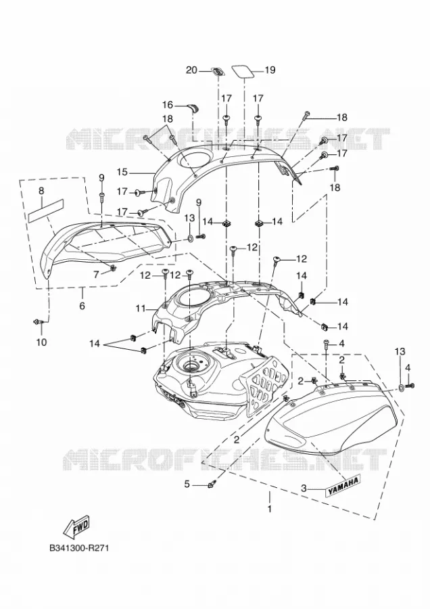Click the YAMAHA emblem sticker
click(x=343, y=485)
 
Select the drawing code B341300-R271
click(x=79, y=548)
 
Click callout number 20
click(x=192, y=70)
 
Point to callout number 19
click(x=270, y=70)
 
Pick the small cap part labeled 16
click(x=193, y=108)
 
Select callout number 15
click(x=122, y=172)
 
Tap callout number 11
click(x=141, y=309)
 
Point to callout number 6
click(x=82, y=306)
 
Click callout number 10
click(x=41, y=342)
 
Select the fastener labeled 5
click(x=212, y=484)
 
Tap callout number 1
click(x=270, y=508)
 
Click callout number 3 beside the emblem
click(x=304, y=488)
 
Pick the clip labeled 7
click(x=113, y=268)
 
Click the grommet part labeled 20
click(x=218, y=72)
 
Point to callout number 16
click(x=168, y=106)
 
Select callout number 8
click(x=41, y=191)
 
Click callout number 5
click(x=187, y=484)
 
